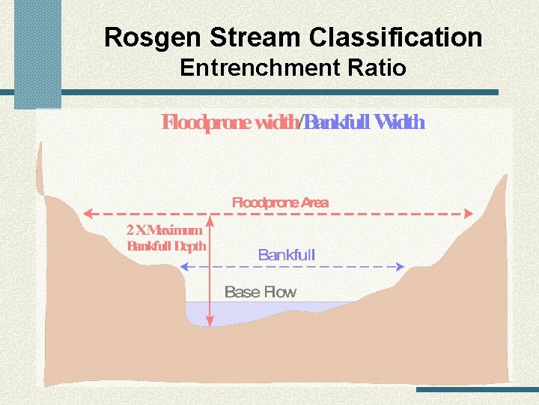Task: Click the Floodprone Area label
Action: pyautogui.click(x=280, y=202)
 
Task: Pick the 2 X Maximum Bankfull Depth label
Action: pyautogui.click(x=166, y=238)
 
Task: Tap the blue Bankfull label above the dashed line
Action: pyautogui.click(x=286, y=255)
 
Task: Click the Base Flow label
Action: pyautogui.click(x=261, y=292)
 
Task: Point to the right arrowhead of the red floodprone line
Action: pyautogui.click(x=469, y=213)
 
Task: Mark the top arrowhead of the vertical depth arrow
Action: pyautogui.click(x=210, y=219)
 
